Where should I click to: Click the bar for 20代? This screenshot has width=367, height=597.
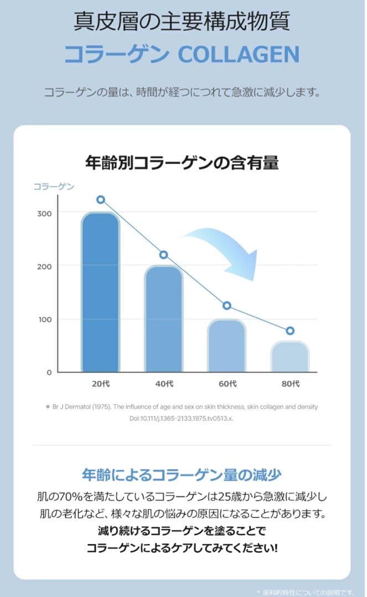pos(100,293)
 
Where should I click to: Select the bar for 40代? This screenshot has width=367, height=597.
pos(163,320)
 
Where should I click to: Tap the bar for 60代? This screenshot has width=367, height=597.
pos(226,346)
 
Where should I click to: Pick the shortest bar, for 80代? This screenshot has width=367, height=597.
pos(290,357)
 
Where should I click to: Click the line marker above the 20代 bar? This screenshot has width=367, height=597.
pos(100,200)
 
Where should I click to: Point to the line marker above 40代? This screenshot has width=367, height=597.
pos(163,255)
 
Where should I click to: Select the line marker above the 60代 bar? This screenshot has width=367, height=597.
pos(226,306)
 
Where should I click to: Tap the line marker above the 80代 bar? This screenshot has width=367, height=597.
pos(290,331)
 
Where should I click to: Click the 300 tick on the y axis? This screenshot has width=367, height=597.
pos(45,214)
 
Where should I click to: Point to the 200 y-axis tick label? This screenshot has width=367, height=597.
pos(45,266)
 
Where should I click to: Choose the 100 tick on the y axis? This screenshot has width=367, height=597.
pos(45,320)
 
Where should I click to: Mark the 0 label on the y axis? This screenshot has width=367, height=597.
pos(49,373)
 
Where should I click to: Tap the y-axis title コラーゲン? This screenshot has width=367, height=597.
pos(54,187)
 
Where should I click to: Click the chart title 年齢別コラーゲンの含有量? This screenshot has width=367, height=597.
pos(182,163)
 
